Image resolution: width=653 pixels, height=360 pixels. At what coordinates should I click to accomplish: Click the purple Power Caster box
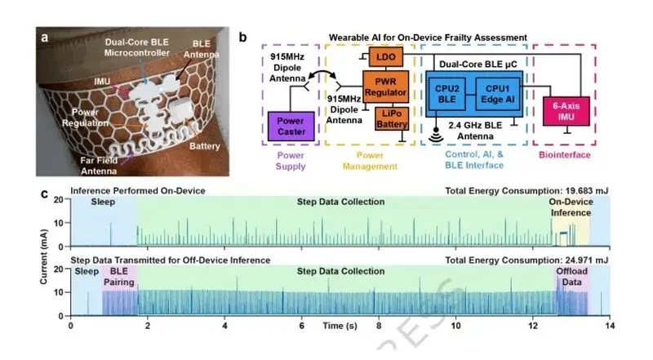[291, 126]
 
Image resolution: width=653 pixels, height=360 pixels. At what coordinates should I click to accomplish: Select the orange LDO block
[385, 57]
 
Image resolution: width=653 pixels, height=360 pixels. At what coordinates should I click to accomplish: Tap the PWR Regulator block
[385, 87]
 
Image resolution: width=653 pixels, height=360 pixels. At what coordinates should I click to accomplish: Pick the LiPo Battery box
[392, 118]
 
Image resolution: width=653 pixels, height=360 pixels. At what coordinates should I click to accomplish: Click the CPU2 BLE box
[446, 94]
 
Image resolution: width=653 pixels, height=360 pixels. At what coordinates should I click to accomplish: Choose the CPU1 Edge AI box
[498, 94]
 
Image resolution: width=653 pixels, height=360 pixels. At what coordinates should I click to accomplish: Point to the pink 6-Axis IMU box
[566, 111]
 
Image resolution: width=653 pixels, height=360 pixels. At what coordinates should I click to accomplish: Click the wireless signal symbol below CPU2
[436, 135]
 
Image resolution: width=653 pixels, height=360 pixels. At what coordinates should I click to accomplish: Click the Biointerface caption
[564, 155]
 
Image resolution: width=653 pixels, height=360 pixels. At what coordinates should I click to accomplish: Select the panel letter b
[242, 38]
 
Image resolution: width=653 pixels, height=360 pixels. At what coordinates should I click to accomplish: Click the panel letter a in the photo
[45, 38]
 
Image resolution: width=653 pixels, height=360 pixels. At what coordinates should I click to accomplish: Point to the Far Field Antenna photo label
[99, 166]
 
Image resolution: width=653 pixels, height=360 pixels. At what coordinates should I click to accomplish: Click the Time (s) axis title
[340, 326]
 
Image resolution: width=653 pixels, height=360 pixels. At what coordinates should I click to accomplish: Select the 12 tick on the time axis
[533, 326]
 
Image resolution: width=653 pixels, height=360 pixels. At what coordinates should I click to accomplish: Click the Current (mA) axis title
[43, 256]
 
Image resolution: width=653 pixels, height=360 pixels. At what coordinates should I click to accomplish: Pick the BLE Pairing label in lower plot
[119, 277]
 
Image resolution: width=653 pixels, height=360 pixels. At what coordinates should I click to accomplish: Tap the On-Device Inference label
[571, 207]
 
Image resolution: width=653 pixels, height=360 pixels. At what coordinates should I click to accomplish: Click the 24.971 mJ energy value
[587, 260]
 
